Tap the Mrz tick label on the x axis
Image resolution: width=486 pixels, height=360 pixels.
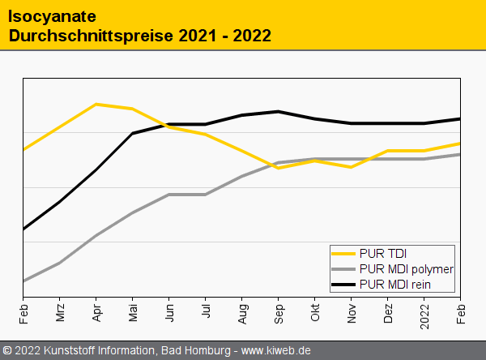[x=60, y=312]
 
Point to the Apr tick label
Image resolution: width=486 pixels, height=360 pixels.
[x=96, y=311]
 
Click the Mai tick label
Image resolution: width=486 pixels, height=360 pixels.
[x=133, y=311]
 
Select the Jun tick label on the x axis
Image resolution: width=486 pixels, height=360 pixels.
[x=169, y=311]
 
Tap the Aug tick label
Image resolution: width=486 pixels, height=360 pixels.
[x=242, y=312]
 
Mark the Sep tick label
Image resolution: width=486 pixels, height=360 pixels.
[x=279, y=312]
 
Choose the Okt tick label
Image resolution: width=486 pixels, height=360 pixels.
[x=315, y=311]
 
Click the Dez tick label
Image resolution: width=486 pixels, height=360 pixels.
[x=388, y=312]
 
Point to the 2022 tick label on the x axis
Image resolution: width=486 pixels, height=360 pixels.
[x=424, y=315]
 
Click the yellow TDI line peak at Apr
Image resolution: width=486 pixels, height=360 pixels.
[x=96, y=104]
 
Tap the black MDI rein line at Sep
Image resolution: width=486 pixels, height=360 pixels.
[x=279, y=111]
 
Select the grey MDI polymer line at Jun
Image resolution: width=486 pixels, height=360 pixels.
[x=169, y=195]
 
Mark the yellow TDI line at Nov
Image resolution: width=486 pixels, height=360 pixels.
[x=352, y=167]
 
